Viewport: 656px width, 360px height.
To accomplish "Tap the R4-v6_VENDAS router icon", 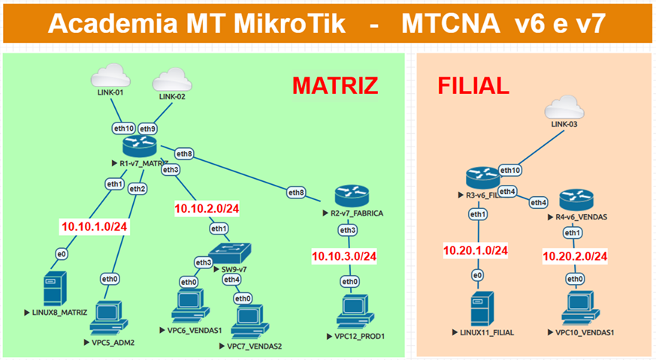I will (x=574, y=200).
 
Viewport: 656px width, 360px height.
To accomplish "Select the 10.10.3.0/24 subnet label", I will (x=344, y=256).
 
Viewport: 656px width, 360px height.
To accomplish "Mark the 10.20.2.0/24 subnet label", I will (x=575, y=256).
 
